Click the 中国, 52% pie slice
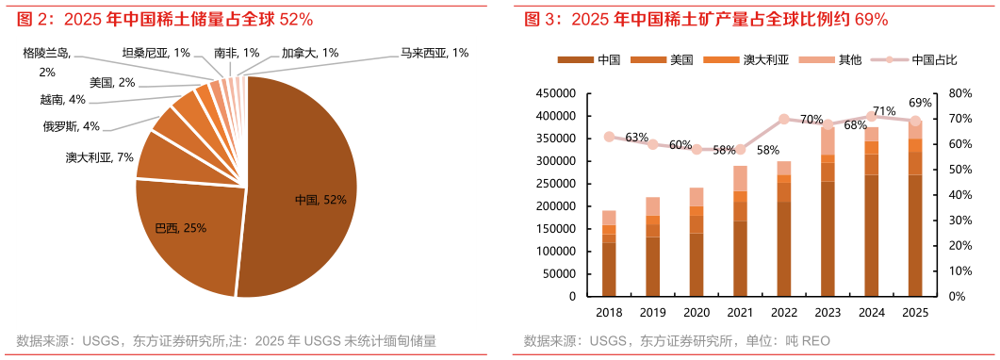(302, 188)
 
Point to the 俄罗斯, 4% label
(71, 125)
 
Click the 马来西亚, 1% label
(434, 53)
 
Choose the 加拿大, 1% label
(310, 53)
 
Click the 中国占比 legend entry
(923, 60)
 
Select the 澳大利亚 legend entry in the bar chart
(754, 60)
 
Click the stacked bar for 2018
(609, 254)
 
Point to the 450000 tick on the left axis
(555, 93)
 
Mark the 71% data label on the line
(884, 111)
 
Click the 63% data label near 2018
(636, 138)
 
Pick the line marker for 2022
(783, 120)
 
